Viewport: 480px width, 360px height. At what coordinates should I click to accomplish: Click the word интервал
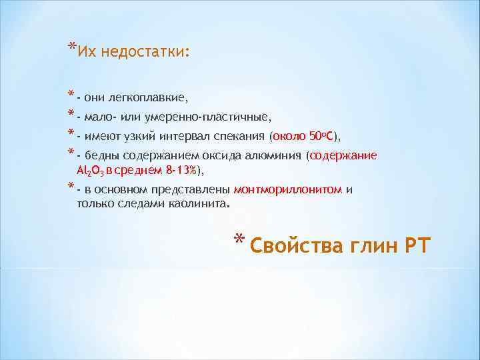tap(186, 137)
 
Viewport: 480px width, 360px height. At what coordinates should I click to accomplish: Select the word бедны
tap(101, 157)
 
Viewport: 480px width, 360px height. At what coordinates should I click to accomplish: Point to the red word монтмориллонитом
tap(287, 190)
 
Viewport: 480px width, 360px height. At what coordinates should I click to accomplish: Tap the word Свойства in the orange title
tap(287, 246)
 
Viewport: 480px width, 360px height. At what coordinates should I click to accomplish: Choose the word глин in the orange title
tap(364, 246)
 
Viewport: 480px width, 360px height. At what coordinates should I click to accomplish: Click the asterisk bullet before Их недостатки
tap(71, 47)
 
